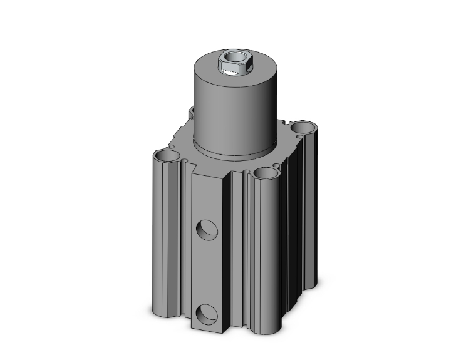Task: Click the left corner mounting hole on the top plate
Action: coord(167,154)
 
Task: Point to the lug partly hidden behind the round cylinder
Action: coord(192,112)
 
